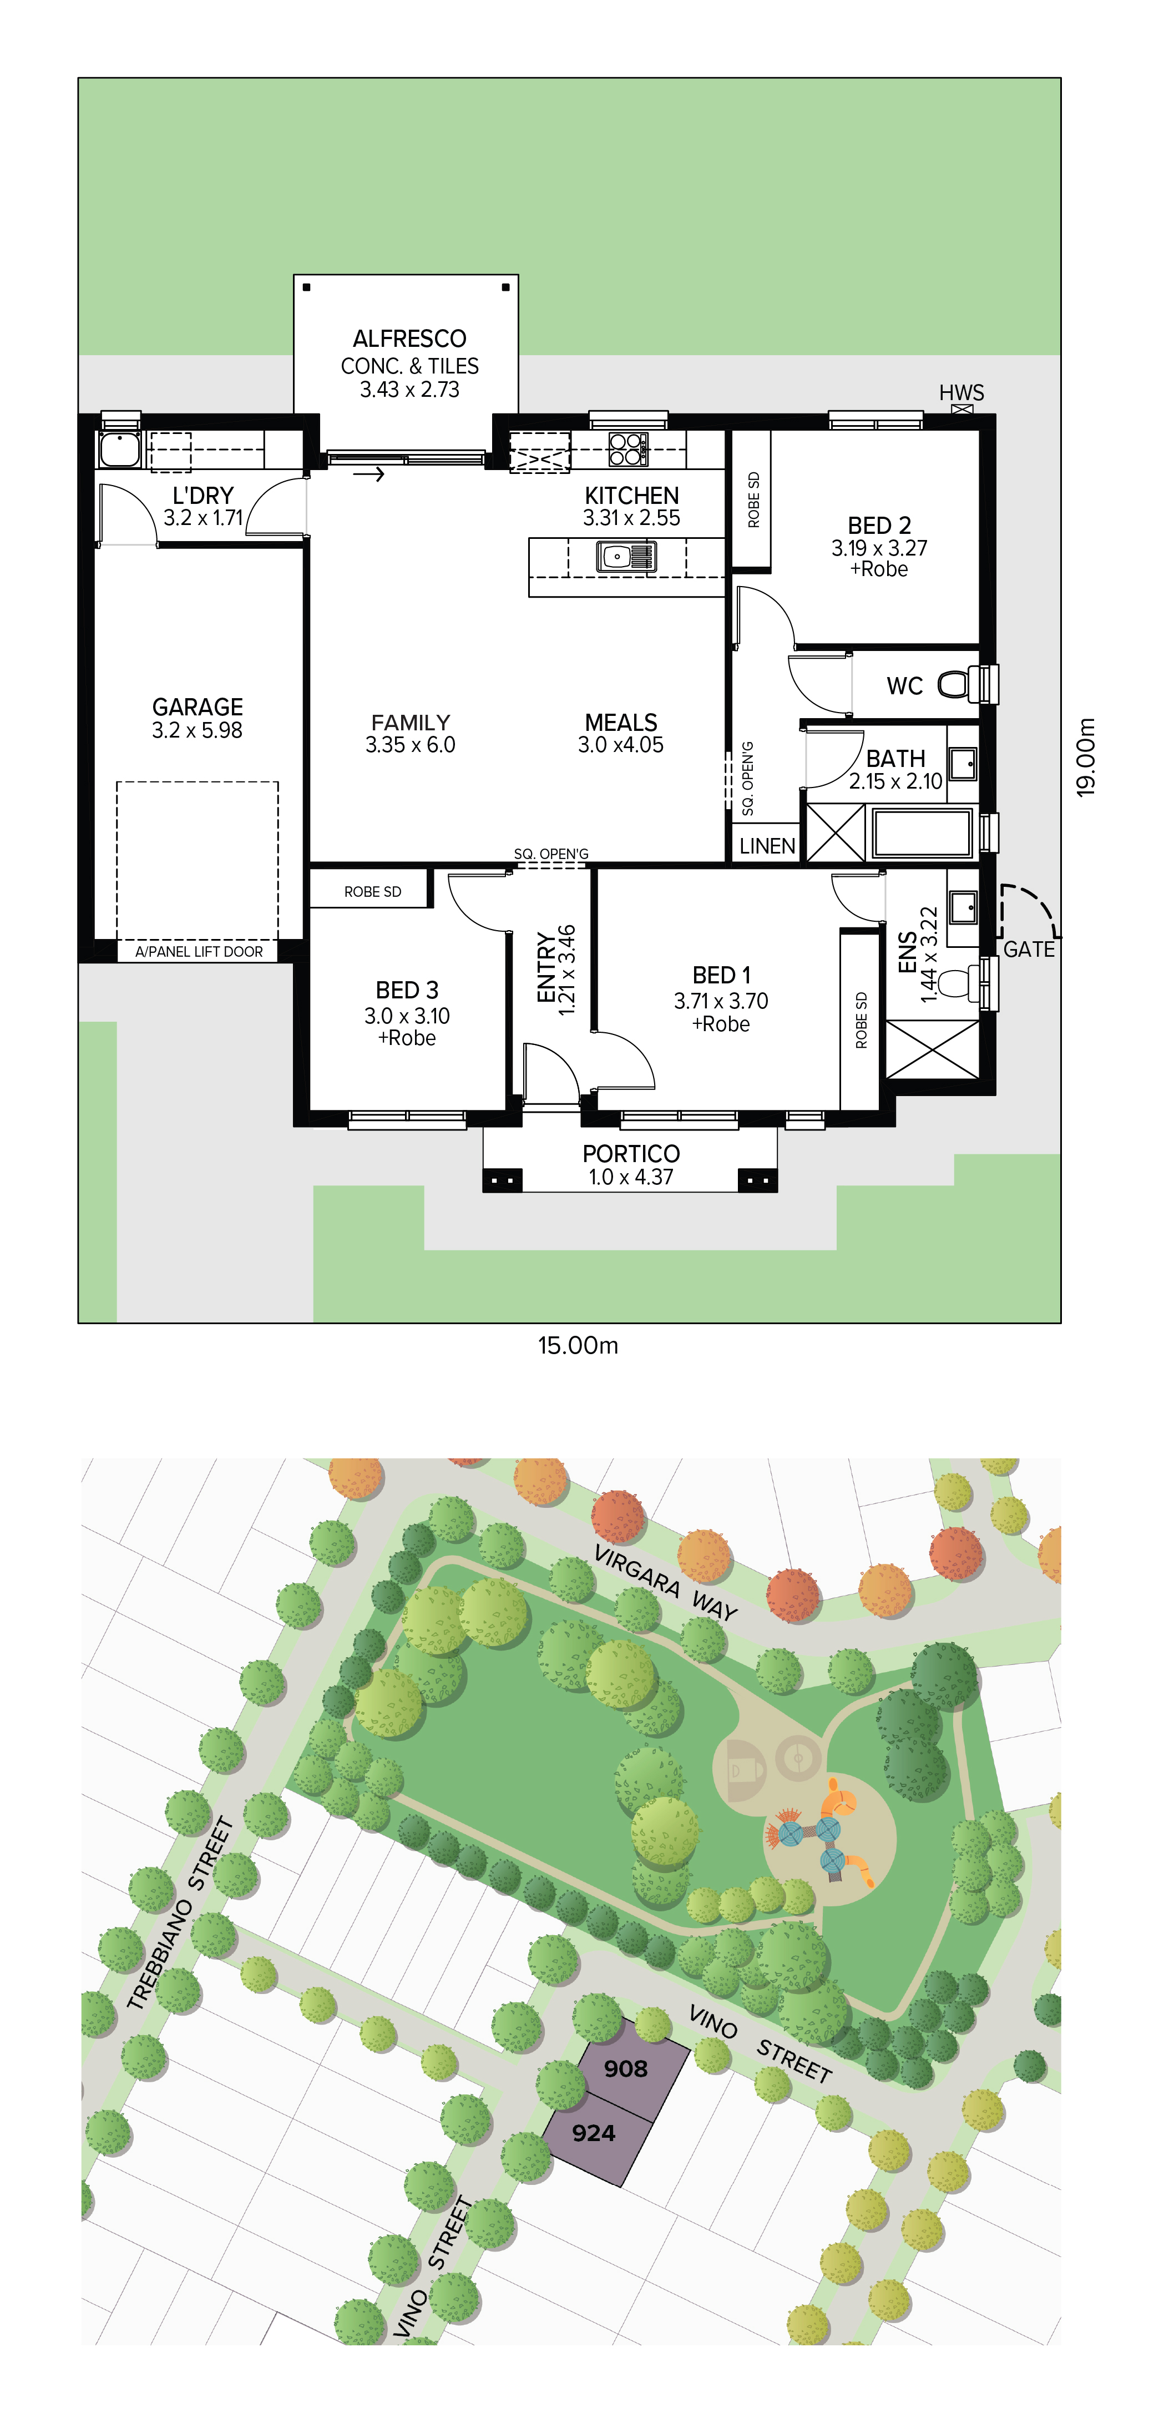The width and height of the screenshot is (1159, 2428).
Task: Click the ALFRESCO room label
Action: (410, 339)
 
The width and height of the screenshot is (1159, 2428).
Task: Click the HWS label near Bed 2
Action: (961, 392)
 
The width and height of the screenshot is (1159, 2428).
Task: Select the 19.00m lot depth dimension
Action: (1086, 757)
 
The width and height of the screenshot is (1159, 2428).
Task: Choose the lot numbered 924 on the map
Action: (594, 2133)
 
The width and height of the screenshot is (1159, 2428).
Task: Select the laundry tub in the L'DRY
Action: (120, 450)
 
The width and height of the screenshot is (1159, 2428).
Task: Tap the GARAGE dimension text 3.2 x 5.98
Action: (197, 730)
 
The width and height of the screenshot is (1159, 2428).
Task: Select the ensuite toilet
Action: (958, 982)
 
